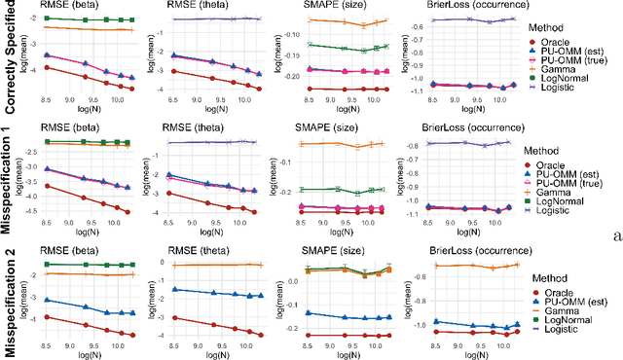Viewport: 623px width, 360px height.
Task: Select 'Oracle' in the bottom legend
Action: [573, 291]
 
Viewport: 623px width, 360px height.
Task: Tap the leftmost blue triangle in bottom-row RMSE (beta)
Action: [46, 300]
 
